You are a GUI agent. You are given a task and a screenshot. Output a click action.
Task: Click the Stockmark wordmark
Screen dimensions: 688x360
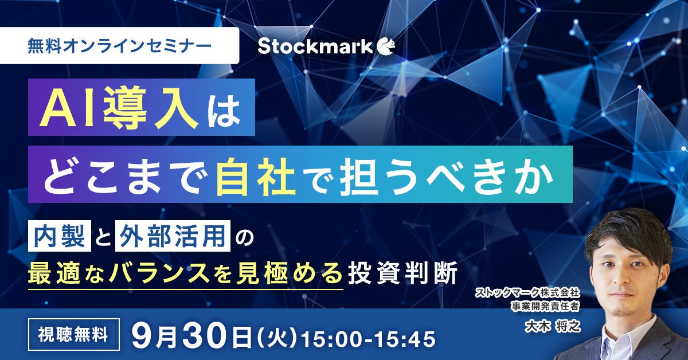coord(315,46)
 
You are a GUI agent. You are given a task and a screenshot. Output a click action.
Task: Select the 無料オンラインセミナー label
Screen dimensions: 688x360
coord(120,46)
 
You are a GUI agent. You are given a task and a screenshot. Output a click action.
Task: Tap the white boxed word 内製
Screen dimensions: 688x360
coord(60,236)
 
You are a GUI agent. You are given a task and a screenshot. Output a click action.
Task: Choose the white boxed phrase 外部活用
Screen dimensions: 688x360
coord(173,236)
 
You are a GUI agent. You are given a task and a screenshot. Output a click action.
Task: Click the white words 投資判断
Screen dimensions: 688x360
coord(403,273)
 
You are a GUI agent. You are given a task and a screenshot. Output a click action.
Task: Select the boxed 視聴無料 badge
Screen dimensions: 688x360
coord(74,335)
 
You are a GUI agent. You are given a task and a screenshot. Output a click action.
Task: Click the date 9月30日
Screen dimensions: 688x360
coord(191,336)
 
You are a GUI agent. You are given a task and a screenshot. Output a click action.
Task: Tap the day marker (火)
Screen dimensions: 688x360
coord(277,338)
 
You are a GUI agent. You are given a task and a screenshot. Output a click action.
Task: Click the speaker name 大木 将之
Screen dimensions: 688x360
coord(553,326)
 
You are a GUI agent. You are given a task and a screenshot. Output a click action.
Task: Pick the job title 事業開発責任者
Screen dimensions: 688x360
coord(545,306)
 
